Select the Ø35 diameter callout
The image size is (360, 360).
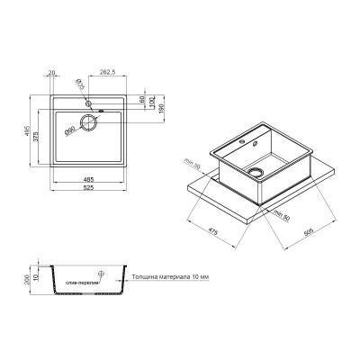(x=80, y=87)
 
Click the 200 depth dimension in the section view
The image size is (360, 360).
(x=28, y=280)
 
